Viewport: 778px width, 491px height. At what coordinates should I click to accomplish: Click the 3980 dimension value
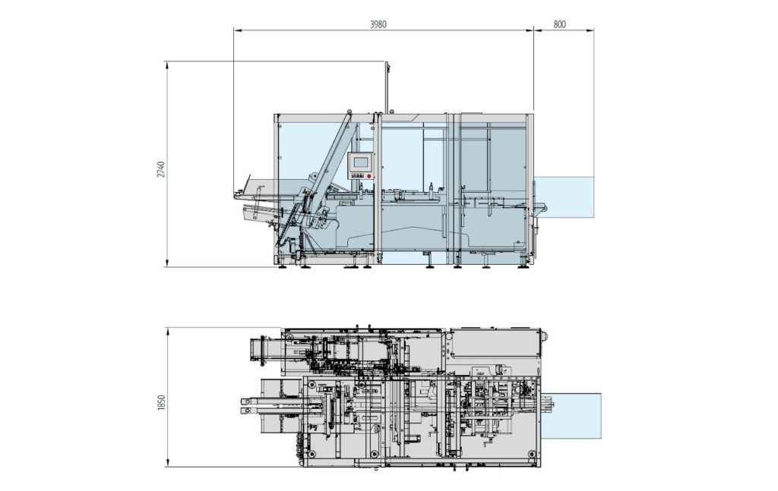[378, 24]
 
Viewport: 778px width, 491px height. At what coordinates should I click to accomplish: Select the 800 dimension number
[559, 24]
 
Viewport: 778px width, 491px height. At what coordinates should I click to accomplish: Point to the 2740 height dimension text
[160, 169]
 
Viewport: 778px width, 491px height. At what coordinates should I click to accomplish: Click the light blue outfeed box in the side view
[564, 197]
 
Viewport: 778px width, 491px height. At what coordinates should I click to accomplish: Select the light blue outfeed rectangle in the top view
[571, 415]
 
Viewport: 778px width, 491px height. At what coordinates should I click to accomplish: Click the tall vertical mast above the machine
[386, 87]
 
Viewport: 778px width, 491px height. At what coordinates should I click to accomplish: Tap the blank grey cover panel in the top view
[494, 344]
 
